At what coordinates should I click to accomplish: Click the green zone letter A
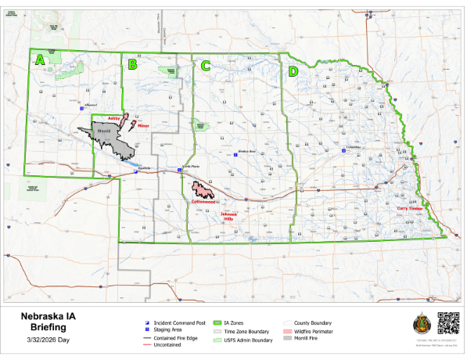40,59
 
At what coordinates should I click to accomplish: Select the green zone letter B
132,65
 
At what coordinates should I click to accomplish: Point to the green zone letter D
293,72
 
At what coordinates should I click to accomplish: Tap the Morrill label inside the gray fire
105,131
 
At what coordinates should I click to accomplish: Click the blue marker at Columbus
344,151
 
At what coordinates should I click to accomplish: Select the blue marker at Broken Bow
236,155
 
